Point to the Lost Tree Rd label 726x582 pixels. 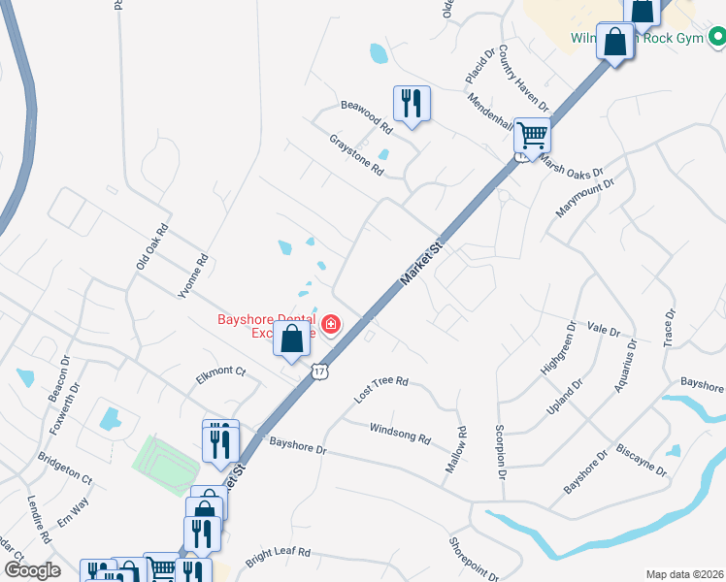381,389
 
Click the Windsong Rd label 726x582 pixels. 400,433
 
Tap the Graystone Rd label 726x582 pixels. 357,154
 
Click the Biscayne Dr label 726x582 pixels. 642,460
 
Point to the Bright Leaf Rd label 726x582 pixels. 278,557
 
